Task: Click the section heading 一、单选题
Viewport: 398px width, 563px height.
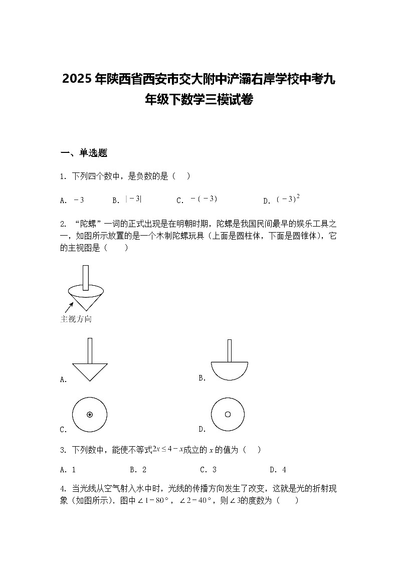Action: coord(84,153)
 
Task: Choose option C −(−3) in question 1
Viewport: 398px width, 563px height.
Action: coord(204,199)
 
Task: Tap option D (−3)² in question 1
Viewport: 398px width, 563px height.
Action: coord(288,199)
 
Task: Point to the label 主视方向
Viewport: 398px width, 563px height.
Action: coord(76,319)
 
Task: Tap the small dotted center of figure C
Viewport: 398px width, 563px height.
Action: coord(90,415)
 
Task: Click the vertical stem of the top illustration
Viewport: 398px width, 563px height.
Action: coord(85,277)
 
